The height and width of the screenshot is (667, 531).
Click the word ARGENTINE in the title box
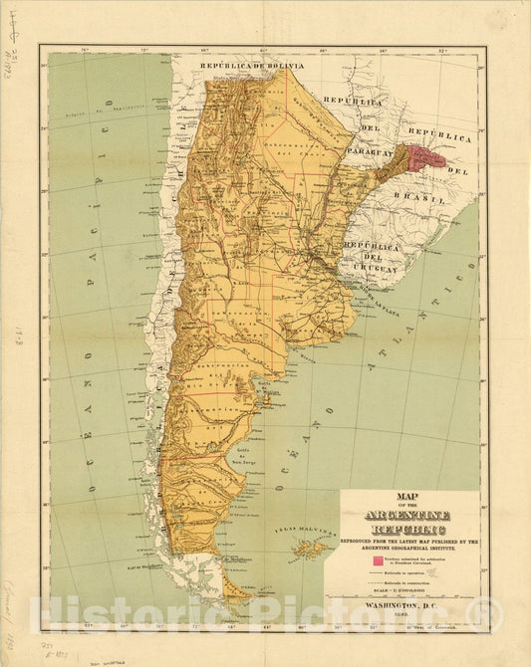click(409, 515)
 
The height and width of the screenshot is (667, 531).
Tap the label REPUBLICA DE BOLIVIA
click(252, 66)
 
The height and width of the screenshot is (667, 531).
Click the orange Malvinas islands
click(311, 548)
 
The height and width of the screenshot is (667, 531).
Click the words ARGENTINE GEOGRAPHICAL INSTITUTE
click(409, 549)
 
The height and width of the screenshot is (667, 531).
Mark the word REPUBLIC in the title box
click(409, 530)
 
